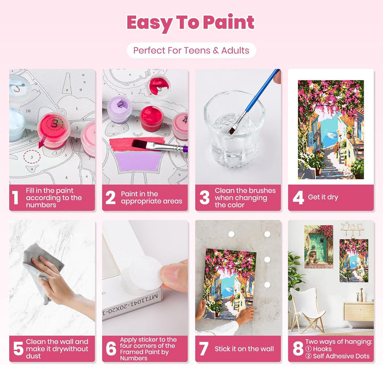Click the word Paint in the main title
point(228,22)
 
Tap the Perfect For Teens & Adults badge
point(191,51)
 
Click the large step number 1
point(15,197)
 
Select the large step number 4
point(298,197)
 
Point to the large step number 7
point(204,349)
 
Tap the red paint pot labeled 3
point(54,130)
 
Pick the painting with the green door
point(319,246)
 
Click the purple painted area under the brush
point(138,161)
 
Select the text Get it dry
point(323,197)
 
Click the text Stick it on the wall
point(244,349)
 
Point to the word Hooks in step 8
point(322,349)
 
